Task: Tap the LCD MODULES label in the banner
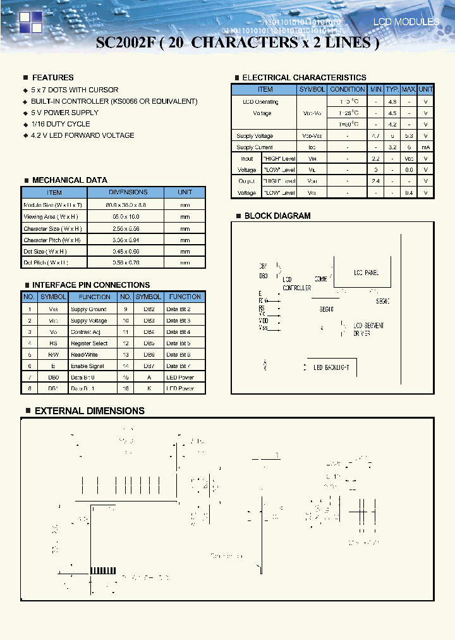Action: (406, 22)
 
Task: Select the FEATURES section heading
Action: (52, 77)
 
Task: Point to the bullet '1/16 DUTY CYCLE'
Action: (60, 124)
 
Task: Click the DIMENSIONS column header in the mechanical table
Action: (128, 192)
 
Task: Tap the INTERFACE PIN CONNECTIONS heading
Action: (91, 285)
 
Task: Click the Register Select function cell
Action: (89, 343)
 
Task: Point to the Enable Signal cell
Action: (87, 366)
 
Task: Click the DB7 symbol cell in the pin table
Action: (149, 366)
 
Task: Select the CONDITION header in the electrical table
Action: (347, 90)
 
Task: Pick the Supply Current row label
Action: (255, 147)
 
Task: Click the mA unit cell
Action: (426, 147)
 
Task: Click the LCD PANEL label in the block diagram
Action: (366, 273)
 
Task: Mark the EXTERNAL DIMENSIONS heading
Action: (89, 411)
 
